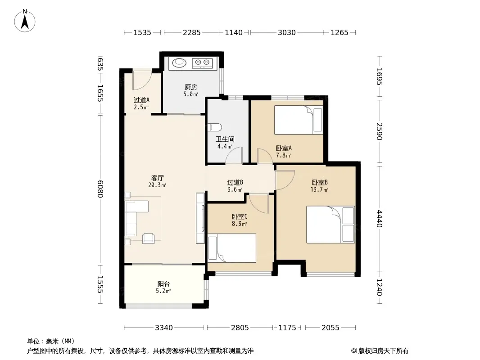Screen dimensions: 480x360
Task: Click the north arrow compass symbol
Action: (25, 21)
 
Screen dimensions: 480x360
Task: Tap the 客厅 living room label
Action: (157, 178)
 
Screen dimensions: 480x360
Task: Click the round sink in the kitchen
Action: (179, 63)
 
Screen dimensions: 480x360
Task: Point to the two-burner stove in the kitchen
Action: (202, 63)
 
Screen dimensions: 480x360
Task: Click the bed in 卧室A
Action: (299, 120)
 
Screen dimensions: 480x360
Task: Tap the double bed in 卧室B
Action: (331, 225)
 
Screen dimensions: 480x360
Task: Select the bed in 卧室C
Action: (232, 248)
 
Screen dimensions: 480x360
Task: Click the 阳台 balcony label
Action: (163, 283)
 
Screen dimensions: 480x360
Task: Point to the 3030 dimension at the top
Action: (286, 32)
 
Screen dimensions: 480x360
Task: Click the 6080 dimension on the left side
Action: (100, 189)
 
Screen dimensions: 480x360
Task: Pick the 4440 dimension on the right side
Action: (379, 218)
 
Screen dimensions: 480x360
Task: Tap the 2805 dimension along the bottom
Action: (240, 328)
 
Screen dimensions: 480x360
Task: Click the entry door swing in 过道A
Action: (142, 80)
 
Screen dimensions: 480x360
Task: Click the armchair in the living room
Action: (148, 238)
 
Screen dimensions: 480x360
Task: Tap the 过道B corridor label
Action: (235, 183)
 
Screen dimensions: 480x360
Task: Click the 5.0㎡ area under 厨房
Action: (191, 94)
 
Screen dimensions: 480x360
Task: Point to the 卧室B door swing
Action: (285, 180)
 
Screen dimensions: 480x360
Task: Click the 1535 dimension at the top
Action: (142, 32)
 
